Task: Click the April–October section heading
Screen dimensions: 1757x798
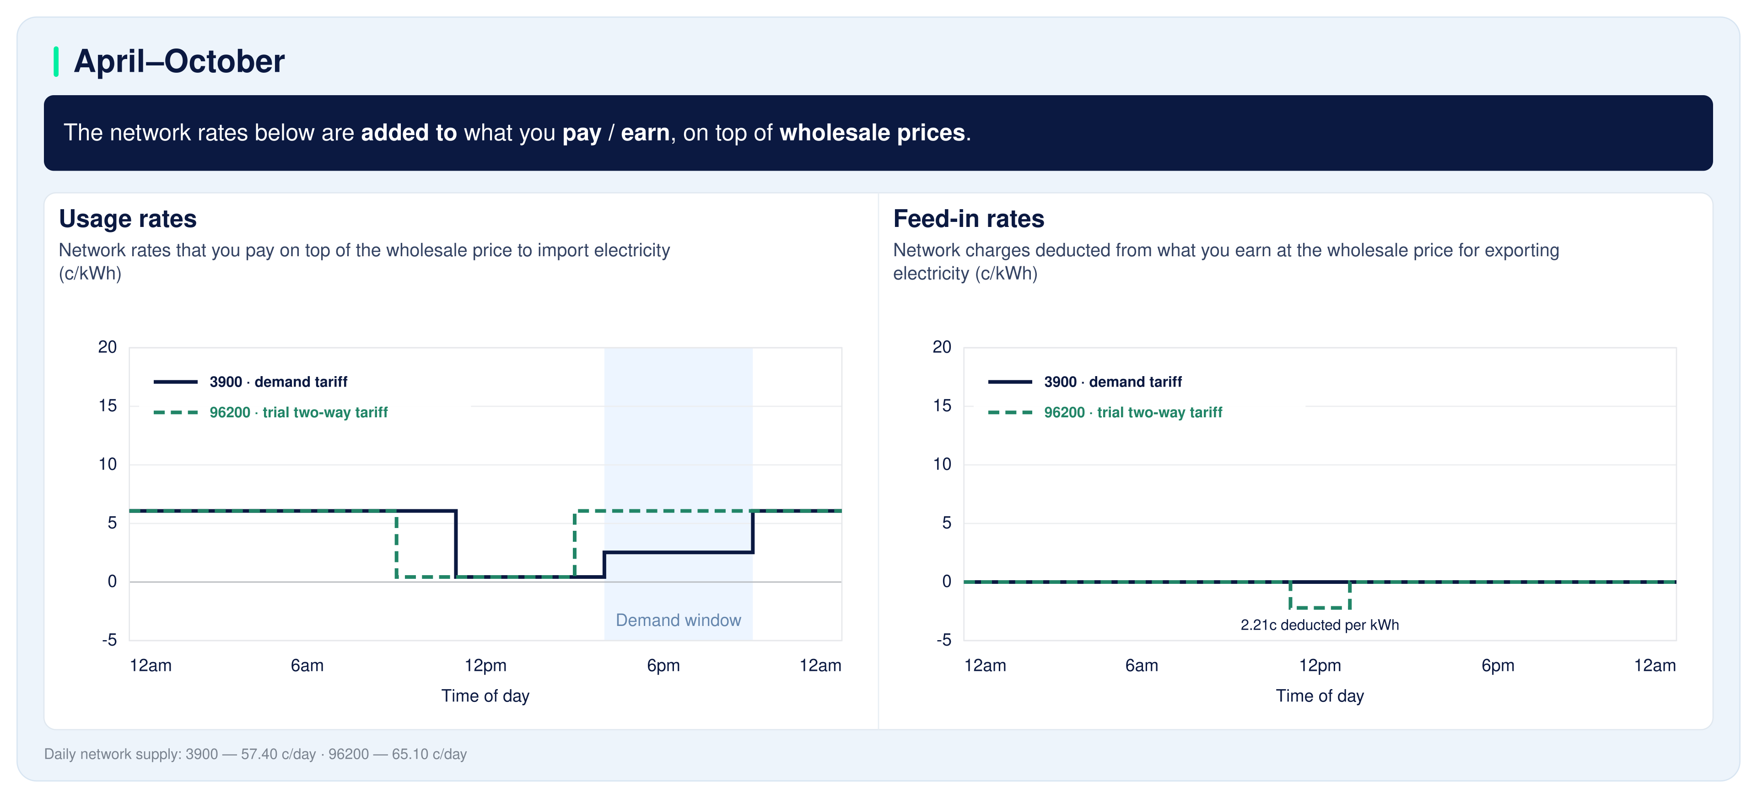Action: pyautogui.click(x=179, y=61)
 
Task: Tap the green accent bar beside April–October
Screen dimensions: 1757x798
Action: pyautogui.click(x=56, y=61)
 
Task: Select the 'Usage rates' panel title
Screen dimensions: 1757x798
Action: pyautogui.click(x=128, y=219)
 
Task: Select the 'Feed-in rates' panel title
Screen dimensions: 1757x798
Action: pyautogui.click(x=969, y=219)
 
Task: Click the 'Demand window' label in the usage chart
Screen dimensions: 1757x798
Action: pyautogui.click(x=678, y=620)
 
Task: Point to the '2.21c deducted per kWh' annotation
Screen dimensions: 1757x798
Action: pyautogui.click(x=1319, y=625)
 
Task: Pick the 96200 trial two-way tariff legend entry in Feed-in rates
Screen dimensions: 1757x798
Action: pyautogui.click(x=1105, y=413)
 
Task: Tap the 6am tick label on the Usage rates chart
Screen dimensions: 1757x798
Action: pyautogui.click(x=307, y=666)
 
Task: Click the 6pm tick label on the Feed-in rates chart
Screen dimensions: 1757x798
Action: pyautogui.click(x=1498, y=666)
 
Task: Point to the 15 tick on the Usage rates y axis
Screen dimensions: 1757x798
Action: pyautogui.click(x=108, y=406)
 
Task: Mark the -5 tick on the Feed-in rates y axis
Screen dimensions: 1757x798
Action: pyautogui.click(x=943, y=640)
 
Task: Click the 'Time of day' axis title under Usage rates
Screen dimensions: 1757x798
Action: pyautogui.click(x=485, y=696)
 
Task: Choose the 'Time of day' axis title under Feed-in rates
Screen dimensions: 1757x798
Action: pyautogui.click(x=1320, y=696)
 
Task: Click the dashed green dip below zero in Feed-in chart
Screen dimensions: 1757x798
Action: pyautogui.click(x=1320, y=607)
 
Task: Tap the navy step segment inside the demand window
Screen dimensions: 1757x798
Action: pyautogui.click(x=678, y=552)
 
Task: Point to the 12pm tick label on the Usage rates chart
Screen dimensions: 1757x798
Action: pyautogui.click(x=485, y=666)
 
